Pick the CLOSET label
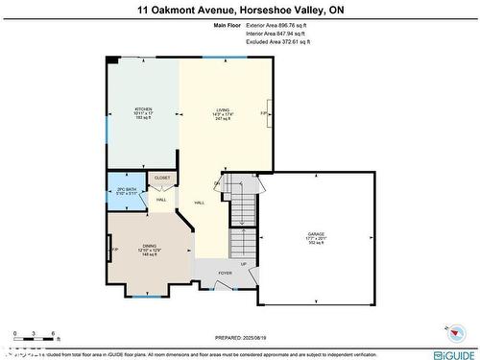point(162,178)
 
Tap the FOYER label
point(225,273)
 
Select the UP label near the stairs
point(243,263)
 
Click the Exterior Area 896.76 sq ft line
point(274,26)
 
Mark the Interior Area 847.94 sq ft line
point(274,35)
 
